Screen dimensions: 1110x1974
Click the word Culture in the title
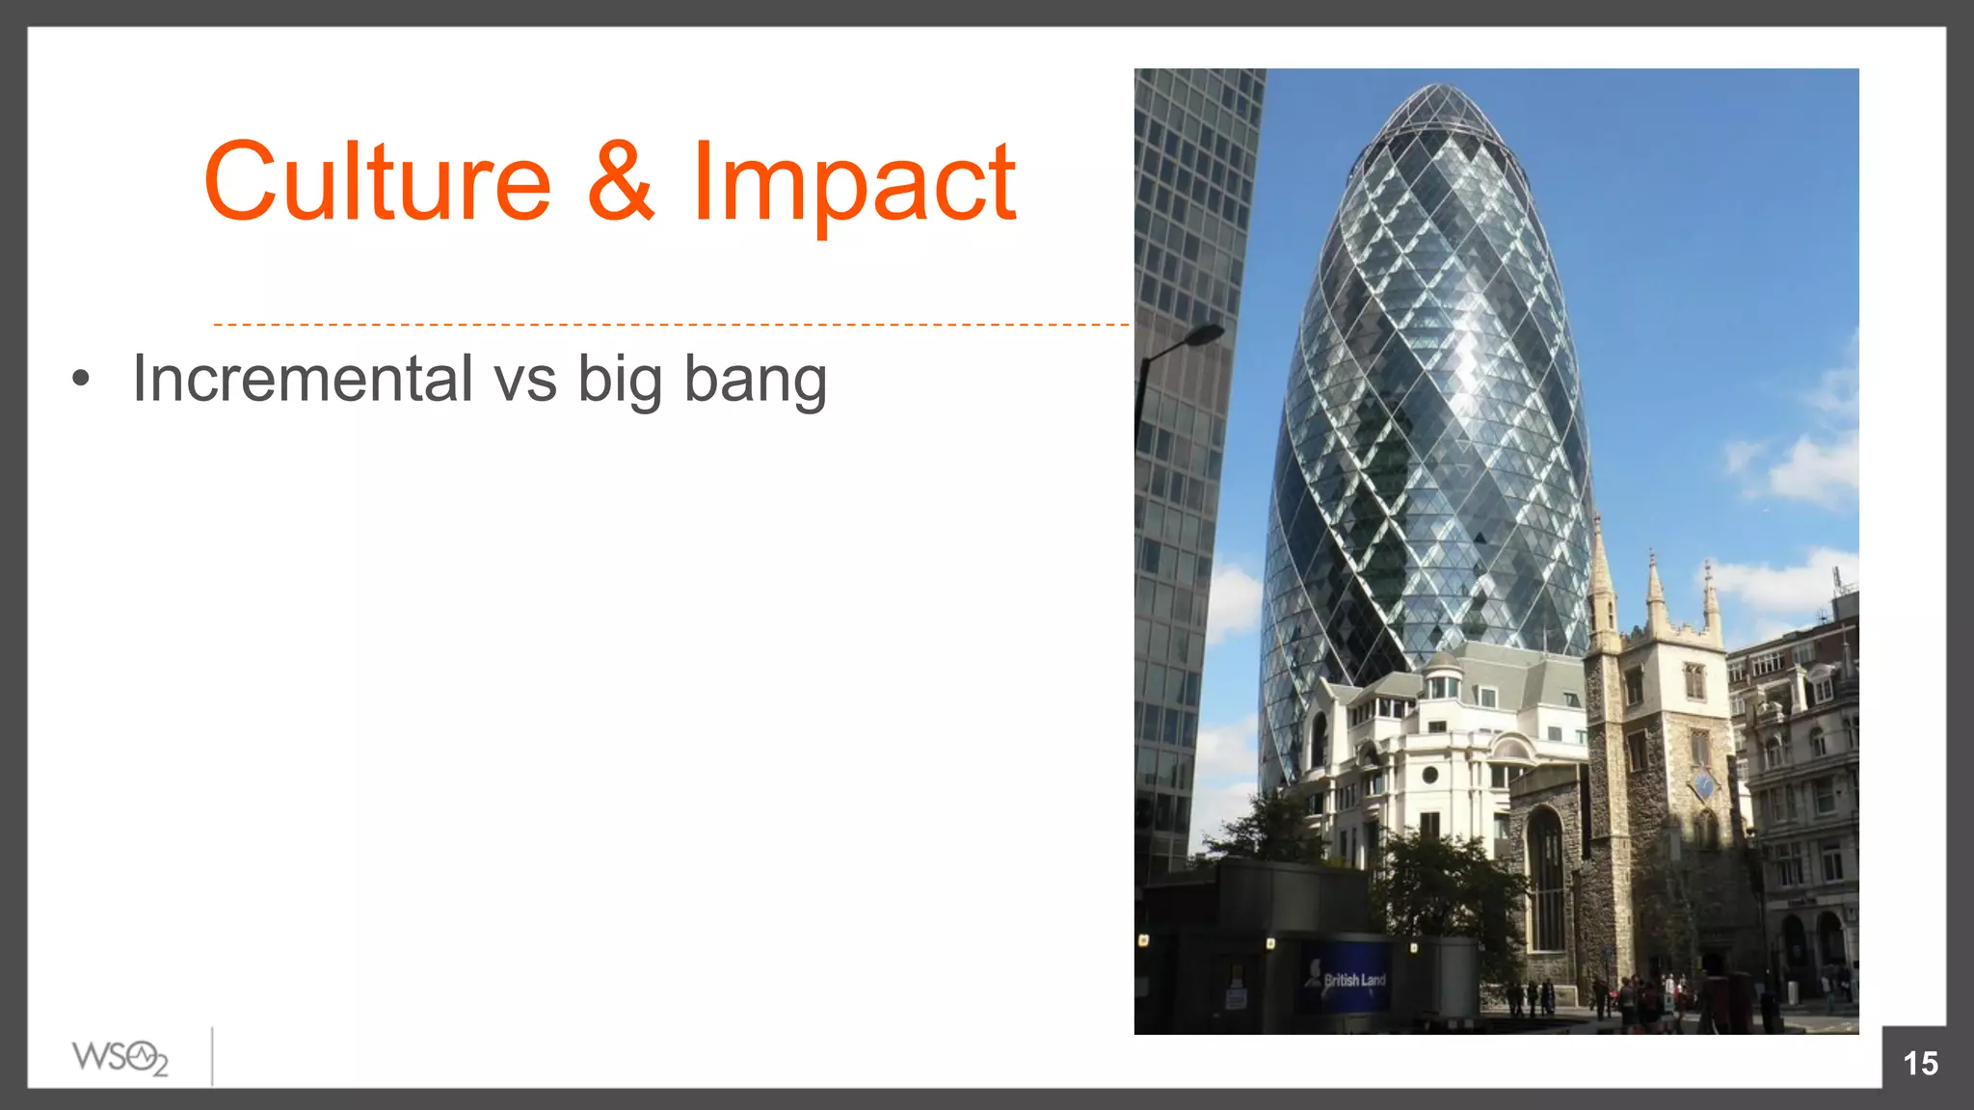coord(377,182)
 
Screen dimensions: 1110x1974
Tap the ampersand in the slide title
coord(621,180)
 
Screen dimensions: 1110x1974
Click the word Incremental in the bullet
coord(302,378)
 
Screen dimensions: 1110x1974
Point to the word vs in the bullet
coord(525,380)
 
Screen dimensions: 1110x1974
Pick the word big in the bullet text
coord(620,382)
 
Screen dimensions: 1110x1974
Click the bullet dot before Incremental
coord(81,379)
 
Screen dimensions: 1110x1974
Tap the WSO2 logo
coord(120,1058)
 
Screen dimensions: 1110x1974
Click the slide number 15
coord(1920,1063)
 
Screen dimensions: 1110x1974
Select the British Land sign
coord(1353,980)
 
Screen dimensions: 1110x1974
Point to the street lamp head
coord(1203,335)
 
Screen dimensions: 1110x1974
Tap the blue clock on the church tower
coord(1703,785)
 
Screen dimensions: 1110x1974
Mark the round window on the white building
coord(1430,775)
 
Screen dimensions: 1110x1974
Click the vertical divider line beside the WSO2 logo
coord(212,1057)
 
